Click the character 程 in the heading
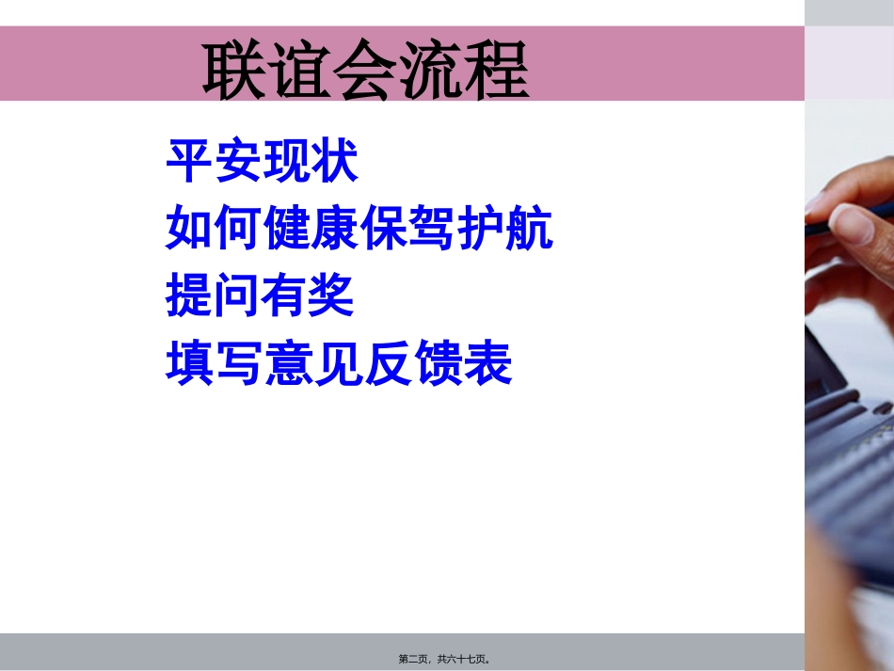[x=496, y=69]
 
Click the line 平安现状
[x=262, y=162]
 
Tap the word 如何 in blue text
[x=214, y=229]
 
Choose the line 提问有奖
[x=261, y=296]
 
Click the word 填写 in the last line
[x=214, y=363]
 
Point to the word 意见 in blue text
[x=311, y=363]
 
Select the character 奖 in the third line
[x=332, y=296]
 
